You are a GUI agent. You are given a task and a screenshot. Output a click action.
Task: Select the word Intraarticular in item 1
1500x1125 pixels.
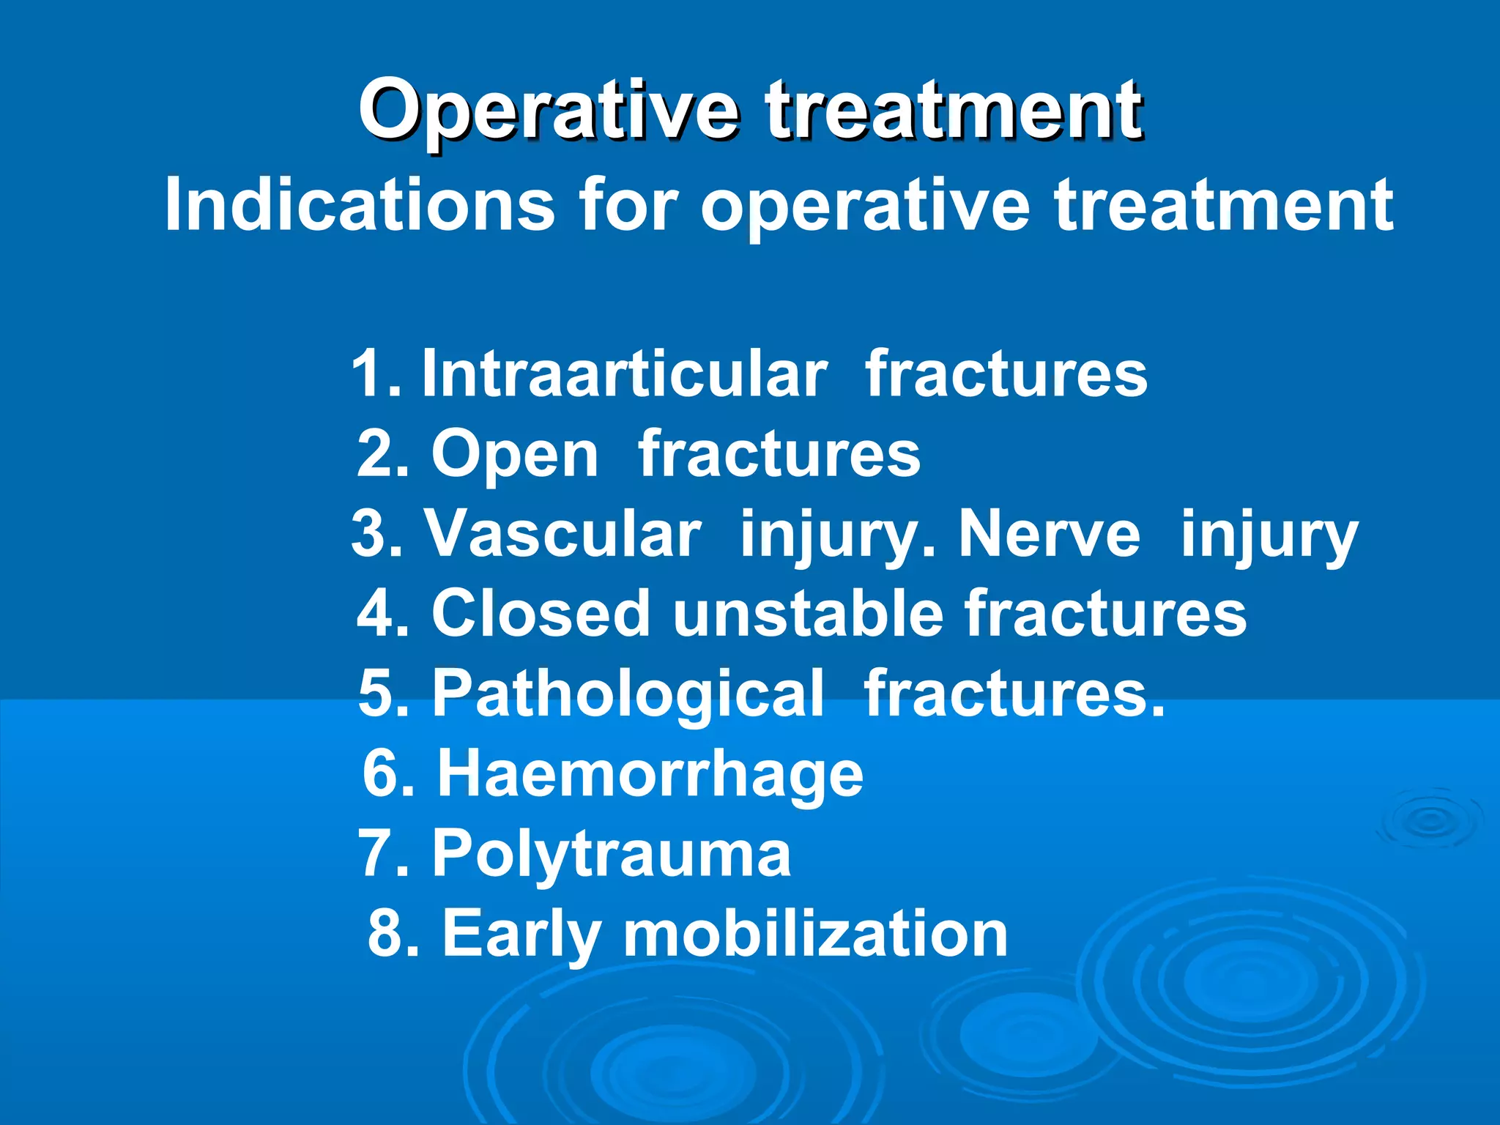coord(624,374)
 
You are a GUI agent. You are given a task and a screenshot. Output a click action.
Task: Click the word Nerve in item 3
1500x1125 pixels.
coord(1049,534)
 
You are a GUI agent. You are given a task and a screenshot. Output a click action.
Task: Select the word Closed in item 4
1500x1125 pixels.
coord(541,614)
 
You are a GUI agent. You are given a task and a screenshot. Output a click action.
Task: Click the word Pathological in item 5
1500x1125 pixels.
coord(628,694)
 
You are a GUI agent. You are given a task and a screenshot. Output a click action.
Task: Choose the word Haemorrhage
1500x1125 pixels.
coord(650,774)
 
